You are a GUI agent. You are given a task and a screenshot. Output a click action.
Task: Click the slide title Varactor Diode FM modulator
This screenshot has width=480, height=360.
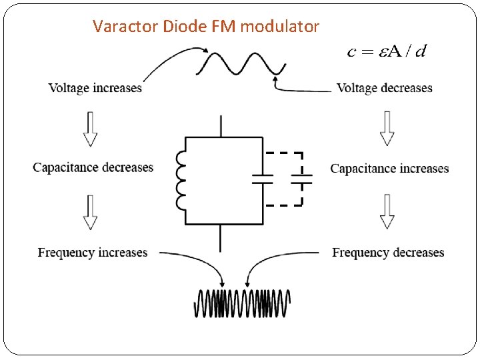tap(206, 27)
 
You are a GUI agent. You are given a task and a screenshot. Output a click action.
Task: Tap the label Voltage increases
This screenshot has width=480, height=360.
tap(95, 88)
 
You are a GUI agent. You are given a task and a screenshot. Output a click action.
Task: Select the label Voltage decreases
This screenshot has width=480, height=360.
tap(385, 88)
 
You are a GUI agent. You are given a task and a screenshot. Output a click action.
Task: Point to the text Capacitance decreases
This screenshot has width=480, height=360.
tap(93, 167)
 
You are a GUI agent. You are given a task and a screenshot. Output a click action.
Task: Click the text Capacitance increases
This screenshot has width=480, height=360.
tap(389, 169)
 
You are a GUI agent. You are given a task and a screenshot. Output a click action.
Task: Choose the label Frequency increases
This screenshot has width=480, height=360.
tap(93, 253)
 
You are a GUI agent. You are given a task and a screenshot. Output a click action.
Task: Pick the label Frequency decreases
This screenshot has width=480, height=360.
tap(388, 253)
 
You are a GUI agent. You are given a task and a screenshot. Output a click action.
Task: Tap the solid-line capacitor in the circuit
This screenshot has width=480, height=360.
tap(263, 179)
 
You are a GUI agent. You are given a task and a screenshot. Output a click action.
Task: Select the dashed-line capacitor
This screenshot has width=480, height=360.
tap(302, 179)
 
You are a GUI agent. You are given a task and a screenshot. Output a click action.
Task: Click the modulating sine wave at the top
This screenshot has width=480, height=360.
tap(241, 64)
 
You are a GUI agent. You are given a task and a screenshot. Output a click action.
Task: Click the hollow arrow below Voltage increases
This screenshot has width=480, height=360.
tap(90, 129)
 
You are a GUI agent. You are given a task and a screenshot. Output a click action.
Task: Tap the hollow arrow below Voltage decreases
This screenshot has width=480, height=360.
tap(387, 129)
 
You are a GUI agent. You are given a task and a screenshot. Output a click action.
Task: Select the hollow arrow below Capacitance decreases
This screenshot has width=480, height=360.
tap(90, 212)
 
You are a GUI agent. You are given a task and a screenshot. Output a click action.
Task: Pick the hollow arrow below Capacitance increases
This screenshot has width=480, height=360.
tap(387, 212)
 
